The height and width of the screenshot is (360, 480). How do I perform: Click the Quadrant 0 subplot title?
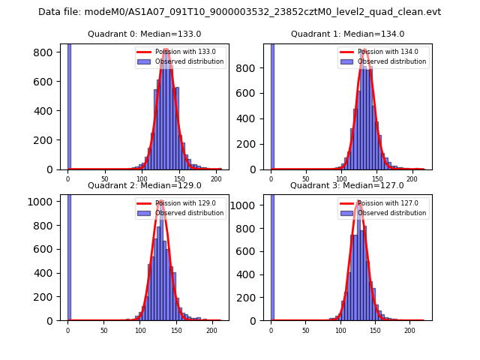pyautogui.click(x=144, y=34)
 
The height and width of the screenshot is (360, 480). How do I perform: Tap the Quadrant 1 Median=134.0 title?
pyautogui.click(x=347, y=34)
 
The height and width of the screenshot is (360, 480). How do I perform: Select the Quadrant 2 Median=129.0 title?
pyautogui.click(x=144, y=185)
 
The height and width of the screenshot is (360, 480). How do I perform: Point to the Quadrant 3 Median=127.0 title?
pyautogui.click(x=346, y=185)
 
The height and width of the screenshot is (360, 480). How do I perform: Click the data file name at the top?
pyautogui.click(x=239, y=12)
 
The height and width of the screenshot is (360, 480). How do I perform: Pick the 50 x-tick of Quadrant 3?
pyautogui.click(x=306, y=330)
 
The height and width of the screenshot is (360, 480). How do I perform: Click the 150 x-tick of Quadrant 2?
pyautogui.click(x=176, y=330)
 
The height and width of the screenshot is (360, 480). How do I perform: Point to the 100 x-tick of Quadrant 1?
pyautogui.click(x=341, y=179)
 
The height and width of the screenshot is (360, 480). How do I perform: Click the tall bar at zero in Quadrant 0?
pyautogui.click(x=69, y=105)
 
